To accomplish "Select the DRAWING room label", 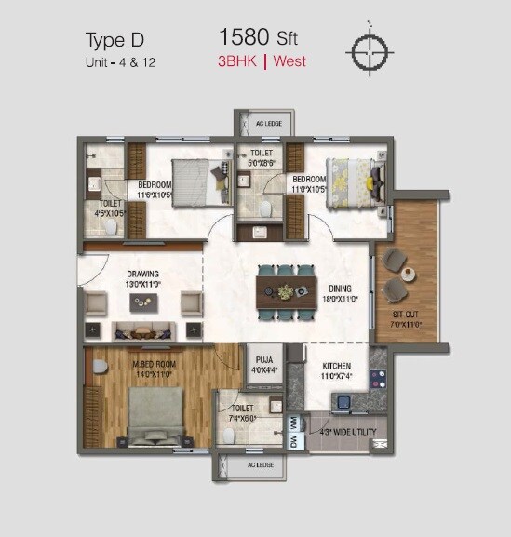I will pyautogui.click(x=143, y=275).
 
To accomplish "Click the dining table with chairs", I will pyautogui.click(x=288, y=291).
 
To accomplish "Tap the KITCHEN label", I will pyautogui.click(x=336, y=367).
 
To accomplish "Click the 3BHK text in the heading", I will pyautogui.click(x=239, y=62).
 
